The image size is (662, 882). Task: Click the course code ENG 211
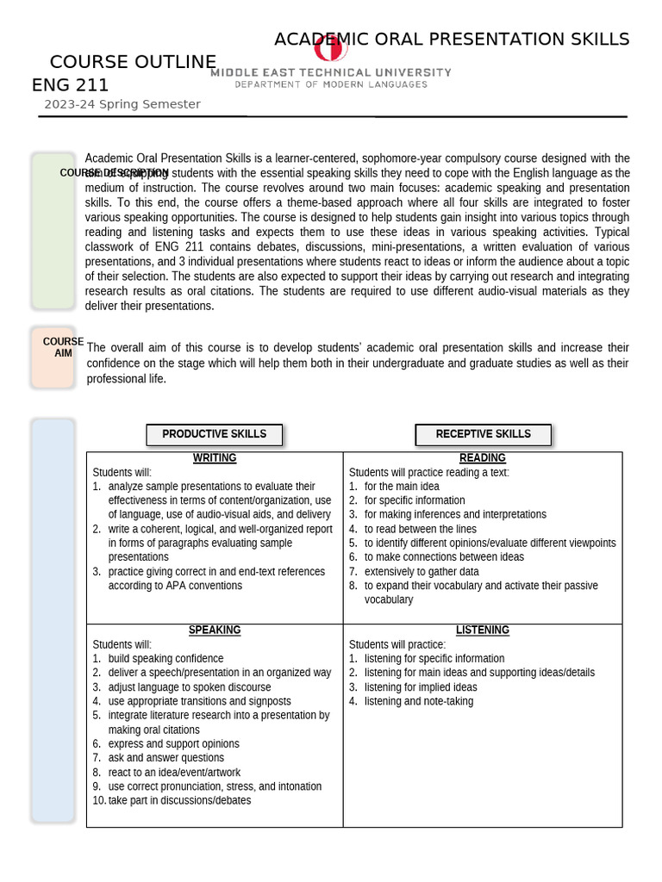coord(70,84)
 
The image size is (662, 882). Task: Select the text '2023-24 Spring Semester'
coord(122,104)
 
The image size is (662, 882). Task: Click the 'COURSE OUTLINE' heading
coord(133,62)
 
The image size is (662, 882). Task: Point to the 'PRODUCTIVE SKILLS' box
coord(214,434)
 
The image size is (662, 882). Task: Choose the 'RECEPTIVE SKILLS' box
coord(483,434)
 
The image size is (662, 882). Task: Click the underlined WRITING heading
coord(215,458)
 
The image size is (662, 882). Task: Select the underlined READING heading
coord(482,458)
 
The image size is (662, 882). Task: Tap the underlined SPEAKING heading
coord(215,630)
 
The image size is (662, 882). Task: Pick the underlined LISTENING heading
coord(482,630)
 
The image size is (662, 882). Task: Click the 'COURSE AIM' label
coord(63,348)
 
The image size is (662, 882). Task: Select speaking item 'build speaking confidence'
coord(165,659)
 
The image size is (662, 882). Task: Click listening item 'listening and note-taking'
coord(418,701)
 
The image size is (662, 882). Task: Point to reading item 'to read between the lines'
coord(420,529)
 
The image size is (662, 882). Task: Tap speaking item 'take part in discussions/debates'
coord(179,800)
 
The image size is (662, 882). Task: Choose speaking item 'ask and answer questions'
coord(165,758)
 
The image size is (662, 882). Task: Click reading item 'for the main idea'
coord(401,487)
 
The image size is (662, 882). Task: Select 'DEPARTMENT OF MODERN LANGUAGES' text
coord(331,84)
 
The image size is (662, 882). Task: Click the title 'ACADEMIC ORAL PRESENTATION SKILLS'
coord(452,40)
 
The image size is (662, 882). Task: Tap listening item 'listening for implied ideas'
coord(420,687)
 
